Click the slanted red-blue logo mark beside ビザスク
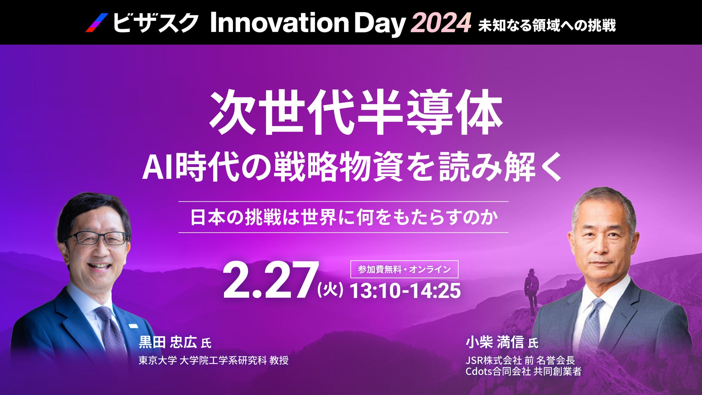(x=97, y=23)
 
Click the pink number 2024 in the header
(x=441, y=23)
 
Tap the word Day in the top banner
(x=380, y=24)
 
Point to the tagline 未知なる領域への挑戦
(x=547, y=25)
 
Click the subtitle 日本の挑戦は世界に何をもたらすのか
(x=344, y=217)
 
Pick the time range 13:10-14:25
(x=405, y=291)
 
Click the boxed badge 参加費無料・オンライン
(x=404, y=269)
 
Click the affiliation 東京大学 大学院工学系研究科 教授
(x=213, y=360)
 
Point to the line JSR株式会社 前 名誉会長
(x=520, y=360)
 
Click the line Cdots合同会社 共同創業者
(x=523, y=371)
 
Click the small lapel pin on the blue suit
(x=133, y=326)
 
